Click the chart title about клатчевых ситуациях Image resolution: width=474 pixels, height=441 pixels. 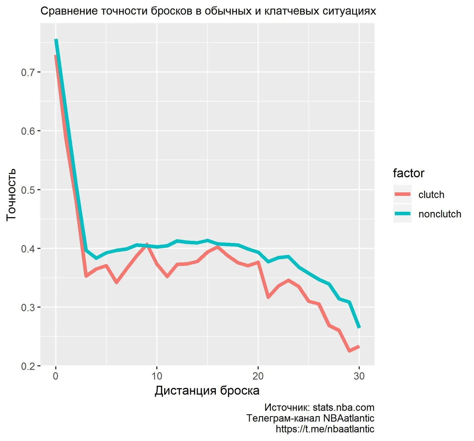tap(208, 11)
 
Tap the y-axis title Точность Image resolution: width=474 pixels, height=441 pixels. tap(11, 194)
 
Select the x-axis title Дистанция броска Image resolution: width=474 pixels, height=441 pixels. tap(207, 390)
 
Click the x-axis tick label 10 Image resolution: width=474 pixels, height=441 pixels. tap(157, 376)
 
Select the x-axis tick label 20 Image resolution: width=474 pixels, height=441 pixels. tap(258, 376)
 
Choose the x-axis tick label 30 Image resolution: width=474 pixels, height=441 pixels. tap(359, 376)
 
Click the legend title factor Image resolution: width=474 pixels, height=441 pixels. tap(408, 173)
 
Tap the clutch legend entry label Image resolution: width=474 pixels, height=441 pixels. tap(431, 195)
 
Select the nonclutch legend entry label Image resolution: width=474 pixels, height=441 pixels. tap(440, 214)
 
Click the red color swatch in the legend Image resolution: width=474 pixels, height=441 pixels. tap(402, 194)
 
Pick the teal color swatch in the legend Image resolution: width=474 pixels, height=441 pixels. tap(402, 214)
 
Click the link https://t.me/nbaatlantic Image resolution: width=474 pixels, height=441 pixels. tap(325, 429)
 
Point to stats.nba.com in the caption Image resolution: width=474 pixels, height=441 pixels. tap(343, 408)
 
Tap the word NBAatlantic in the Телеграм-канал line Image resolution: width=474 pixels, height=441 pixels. tap(348, 418)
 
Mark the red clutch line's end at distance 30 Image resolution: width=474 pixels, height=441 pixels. tap(359, 347)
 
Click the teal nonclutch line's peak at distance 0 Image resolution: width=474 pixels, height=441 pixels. tap(56, 40)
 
